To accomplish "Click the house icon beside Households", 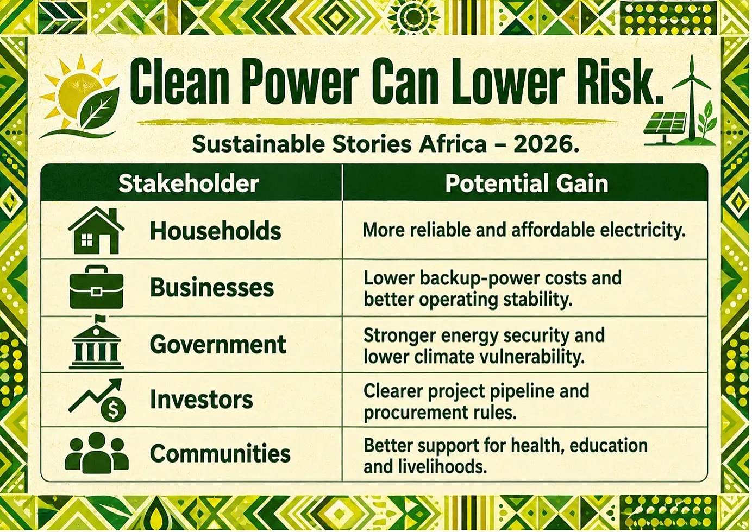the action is (96, 230).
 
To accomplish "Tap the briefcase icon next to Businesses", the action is (96, 287).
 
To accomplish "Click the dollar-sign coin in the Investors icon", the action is (114, 409).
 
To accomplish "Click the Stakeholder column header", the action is (189, 184).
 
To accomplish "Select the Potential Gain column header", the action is (527, 183).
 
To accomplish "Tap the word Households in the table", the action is (216, 231).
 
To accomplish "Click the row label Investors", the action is (202, 400).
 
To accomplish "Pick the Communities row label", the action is (220, 453).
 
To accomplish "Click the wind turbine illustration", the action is (691, 97).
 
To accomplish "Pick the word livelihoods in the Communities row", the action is (439, 466).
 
